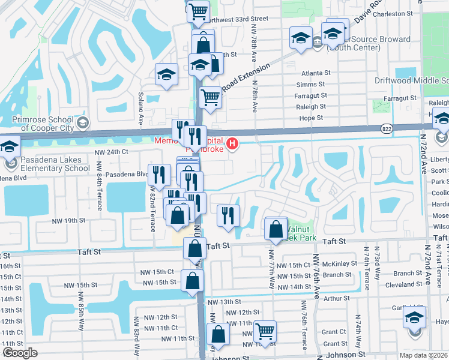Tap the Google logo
tap(20, 353)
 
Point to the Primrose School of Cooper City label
tap(46, 123)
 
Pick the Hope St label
tap(311, 118)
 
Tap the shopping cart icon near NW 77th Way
tap(264, 331)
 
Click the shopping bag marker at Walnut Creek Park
tap(275, 229)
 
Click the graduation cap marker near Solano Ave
tap(166, 75)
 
